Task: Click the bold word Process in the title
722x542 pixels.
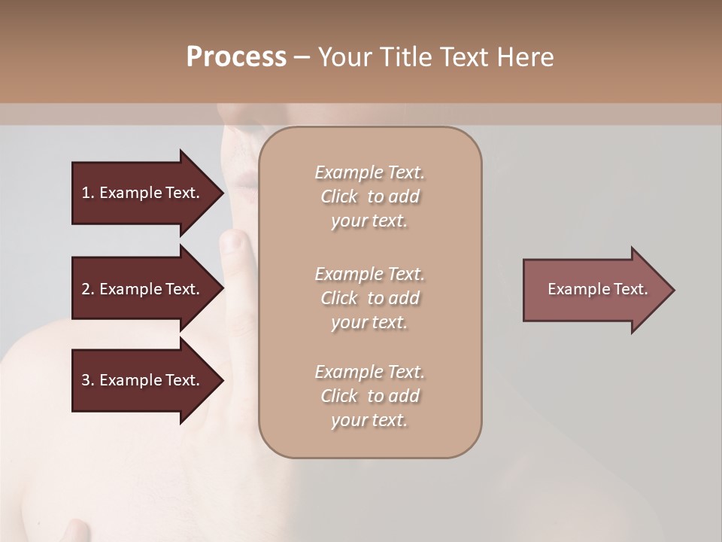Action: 236,57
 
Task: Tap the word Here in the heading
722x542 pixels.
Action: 523,57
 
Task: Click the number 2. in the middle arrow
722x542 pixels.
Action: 88,289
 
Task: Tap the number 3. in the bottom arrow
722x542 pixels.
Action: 88,380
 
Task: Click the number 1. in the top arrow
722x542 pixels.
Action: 88,193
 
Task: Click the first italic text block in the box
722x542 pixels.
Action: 369,196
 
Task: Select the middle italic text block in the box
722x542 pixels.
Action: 369,298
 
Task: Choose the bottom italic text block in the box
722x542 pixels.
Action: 369,396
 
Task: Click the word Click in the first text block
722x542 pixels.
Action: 339,196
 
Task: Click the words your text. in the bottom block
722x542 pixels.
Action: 369,421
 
